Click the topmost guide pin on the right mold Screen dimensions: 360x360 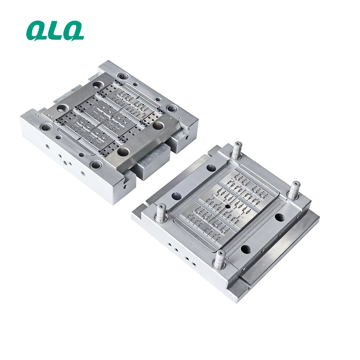coord(237,150)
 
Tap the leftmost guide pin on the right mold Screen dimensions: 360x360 coord(162,213)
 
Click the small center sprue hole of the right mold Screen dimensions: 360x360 coord(227,206)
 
